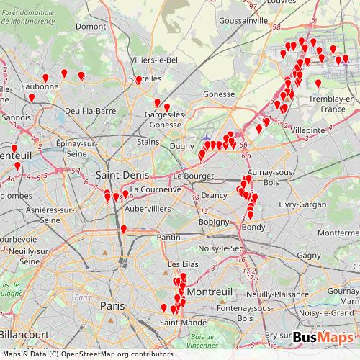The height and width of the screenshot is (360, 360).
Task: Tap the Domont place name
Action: (x=90, y=26)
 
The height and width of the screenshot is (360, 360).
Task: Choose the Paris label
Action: (x=112, y=306)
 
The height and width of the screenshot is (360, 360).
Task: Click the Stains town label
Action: (x=148, y=142)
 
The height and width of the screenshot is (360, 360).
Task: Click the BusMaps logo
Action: (x=323, y=338)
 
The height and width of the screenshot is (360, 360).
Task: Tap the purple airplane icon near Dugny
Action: (x=208, y=137)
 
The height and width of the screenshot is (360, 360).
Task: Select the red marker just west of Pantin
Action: (x=124, y=229)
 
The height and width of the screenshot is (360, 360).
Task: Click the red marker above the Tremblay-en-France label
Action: (x=318, y=84)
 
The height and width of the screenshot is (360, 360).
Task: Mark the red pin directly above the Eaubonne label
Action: (x=45, y=78)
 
